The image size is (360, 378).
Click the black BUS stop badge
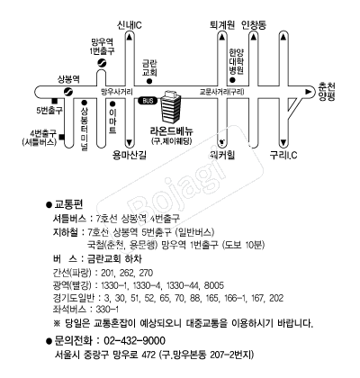click(x=148, y=101)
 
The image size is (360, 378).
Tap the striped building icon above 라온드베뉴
click(x=171, y=107)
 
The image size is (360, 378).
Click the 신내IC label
click(x=130, y=25)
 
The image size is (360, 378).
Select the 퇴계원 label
click(x=222, y=25)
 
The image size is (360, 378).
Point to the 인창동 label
click(x=254, y=25)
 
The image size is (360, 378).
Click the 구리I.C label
click(x=283, y=155)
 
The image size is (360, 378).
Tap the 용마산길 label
click(x=130, y=155)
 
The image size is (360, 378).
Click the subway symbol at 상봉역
click(x=68, y=91)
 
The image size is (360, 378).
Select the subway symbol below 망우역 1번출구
click(x=102, y=62)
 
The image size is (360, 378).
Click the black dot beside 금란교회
click(x=149, y=81)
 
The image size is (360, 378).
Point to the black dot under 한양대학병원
click(x=232, y=80)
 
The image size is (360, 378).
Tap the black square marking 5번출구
click(x=55, y=101)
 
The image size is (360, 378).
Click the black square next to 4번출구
click(x=62, y=137)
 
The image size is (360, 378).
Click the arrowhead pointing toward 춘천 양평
click(x=308, y=92)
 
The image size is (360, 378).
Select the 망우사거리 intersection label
click(x=117, y=92)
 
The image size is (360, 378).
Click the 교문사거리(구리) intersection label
click(x=222, y=92)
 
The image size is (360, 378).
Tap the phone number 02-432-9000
click(x=134, y=341)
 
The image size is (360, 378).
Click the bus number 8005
click(x=214, y=285)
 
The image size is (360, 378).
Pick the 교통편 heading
click(x=68, y=204)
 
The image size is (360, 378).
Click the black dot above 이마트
click(x=112, y=104)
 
